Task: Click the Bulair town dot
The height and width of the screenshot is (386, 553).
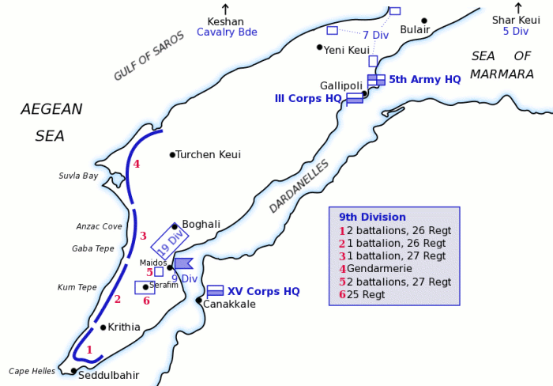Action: [424, 21]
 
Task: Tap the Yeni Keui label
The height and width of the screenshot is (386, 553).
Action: [347, 50]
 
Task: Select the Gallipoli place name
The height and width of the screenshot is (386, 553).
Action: [341, 85]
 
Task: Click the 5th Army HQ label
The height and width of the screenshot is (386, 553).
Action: [424, 79]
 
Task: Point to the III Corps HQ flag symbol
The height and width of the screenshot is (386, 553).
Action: [355, 98]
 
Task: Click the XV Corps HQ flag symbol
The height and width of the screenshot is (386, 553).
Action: [215, 290]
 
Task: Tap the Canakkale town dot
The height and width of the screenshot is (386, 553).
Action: [198, 300]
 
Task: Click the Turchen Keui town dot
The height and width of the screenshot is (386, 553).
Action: [172, 154]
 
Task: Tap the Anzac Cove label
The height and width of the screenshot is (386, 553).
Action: [99, 226]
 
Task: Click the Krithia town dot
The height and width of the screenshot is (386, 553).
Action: [103, 327]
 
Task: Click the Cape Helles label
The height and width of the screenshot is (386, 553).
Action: [32, 370]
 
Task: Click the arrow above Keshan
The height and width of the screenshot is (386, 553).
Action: [225, 7]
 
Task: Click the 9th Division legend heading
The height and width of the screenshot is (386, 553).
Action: [372, 217]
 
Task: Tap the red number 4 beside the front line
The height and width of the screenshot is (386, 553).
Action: [137, 164]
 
